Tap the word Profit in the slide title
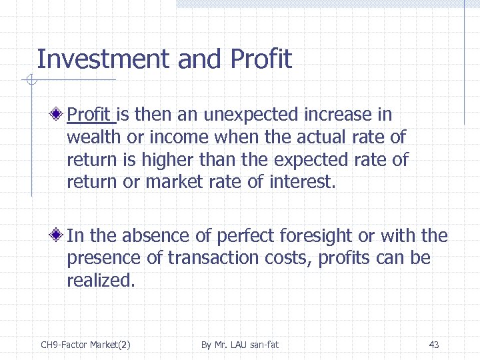tap(261, 59)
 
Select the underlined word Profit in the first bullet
tap(91, 115)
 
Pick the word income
tap(179, 137)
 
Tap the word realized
tap(101, 281)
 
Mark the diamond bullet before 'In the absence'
tap(59, 235)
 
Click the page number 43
tap(434, 345)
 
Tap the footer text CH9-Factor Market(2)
tap(86, 345)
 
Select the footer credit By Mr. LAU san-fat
tap(240, 345)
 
